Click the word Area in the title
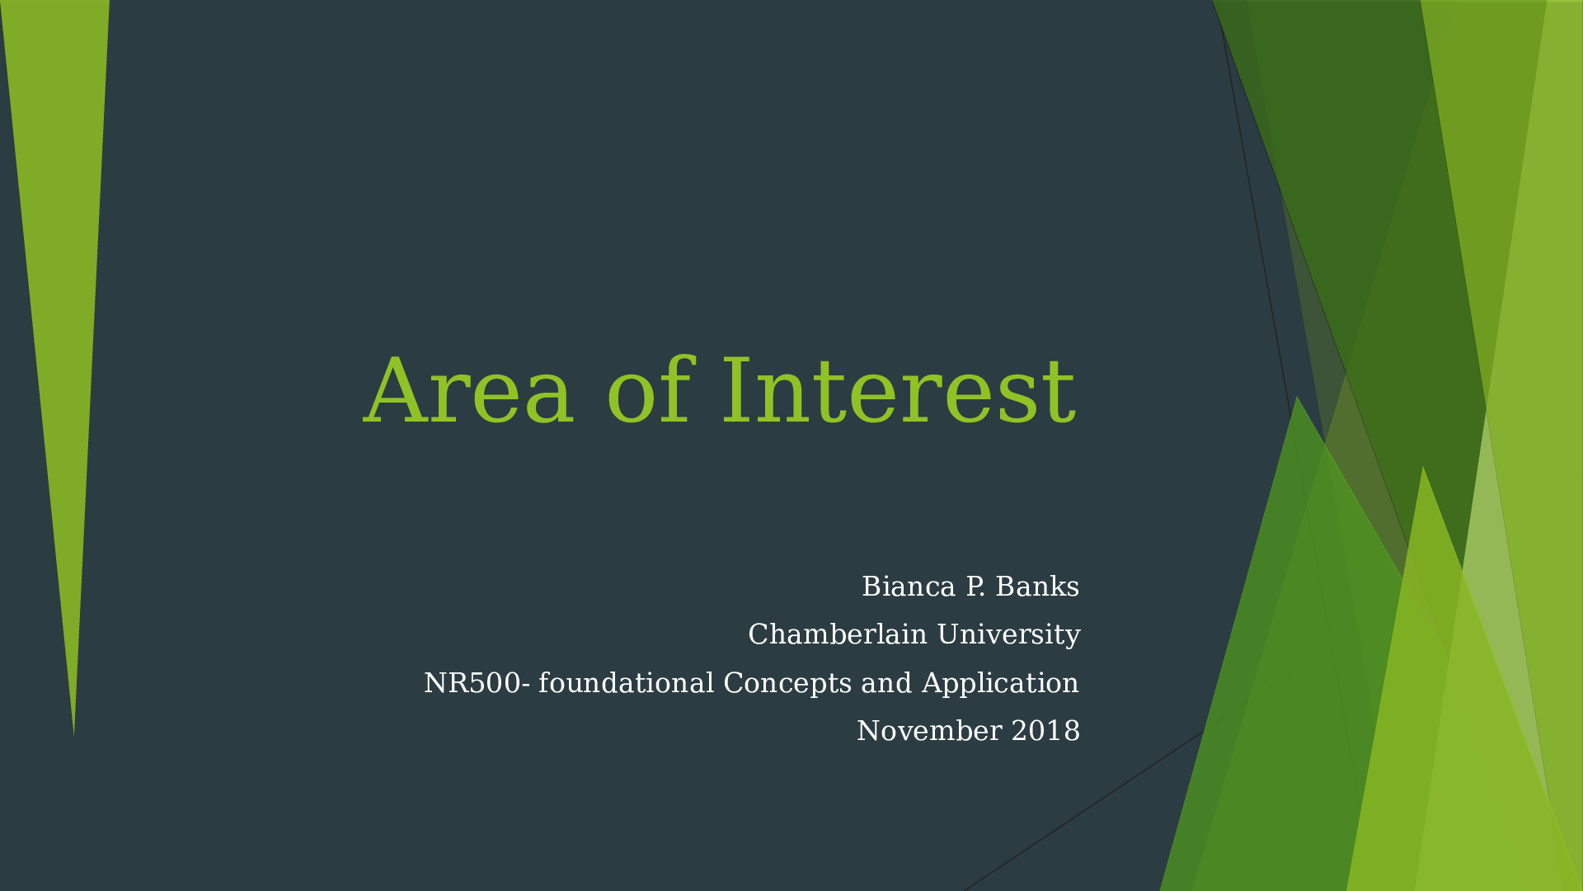point(467,391)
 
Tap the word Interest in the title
point(899,391)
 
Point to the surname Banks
point(1037,587)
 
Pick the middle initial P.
point(975,587)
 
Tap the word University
point(1008,635)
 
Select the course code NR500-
point(477,683)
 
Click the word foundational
point(626,683)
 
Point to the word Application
point(1000,683)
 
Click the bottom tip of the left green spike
point(73,735)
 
